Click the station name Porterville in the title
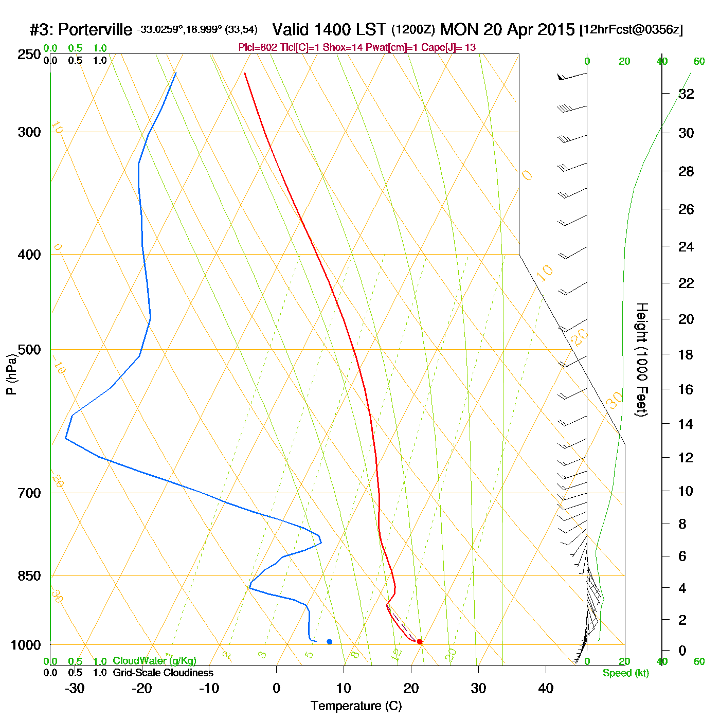[95, 30]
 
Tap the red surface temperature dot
[420, 641]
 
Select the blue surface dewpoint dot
[330, 641]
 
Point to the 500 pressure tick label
[29, 350]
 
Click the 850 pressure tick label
[29, 576]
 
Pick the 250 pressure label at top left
[29, 55]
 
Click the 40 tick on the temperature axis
[546, 688]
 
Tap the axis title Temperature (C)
[356, 706]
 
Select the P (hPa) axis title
[11, 374]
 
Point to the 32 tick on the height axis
[686, 94]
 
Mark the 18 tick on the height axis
[686, 354]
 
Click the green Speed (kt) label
[625, 673]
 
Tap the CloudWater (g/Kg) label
[154, 661]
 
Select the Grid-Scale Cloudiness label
[163, 673]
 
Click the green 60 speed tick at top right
[699, 62]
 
